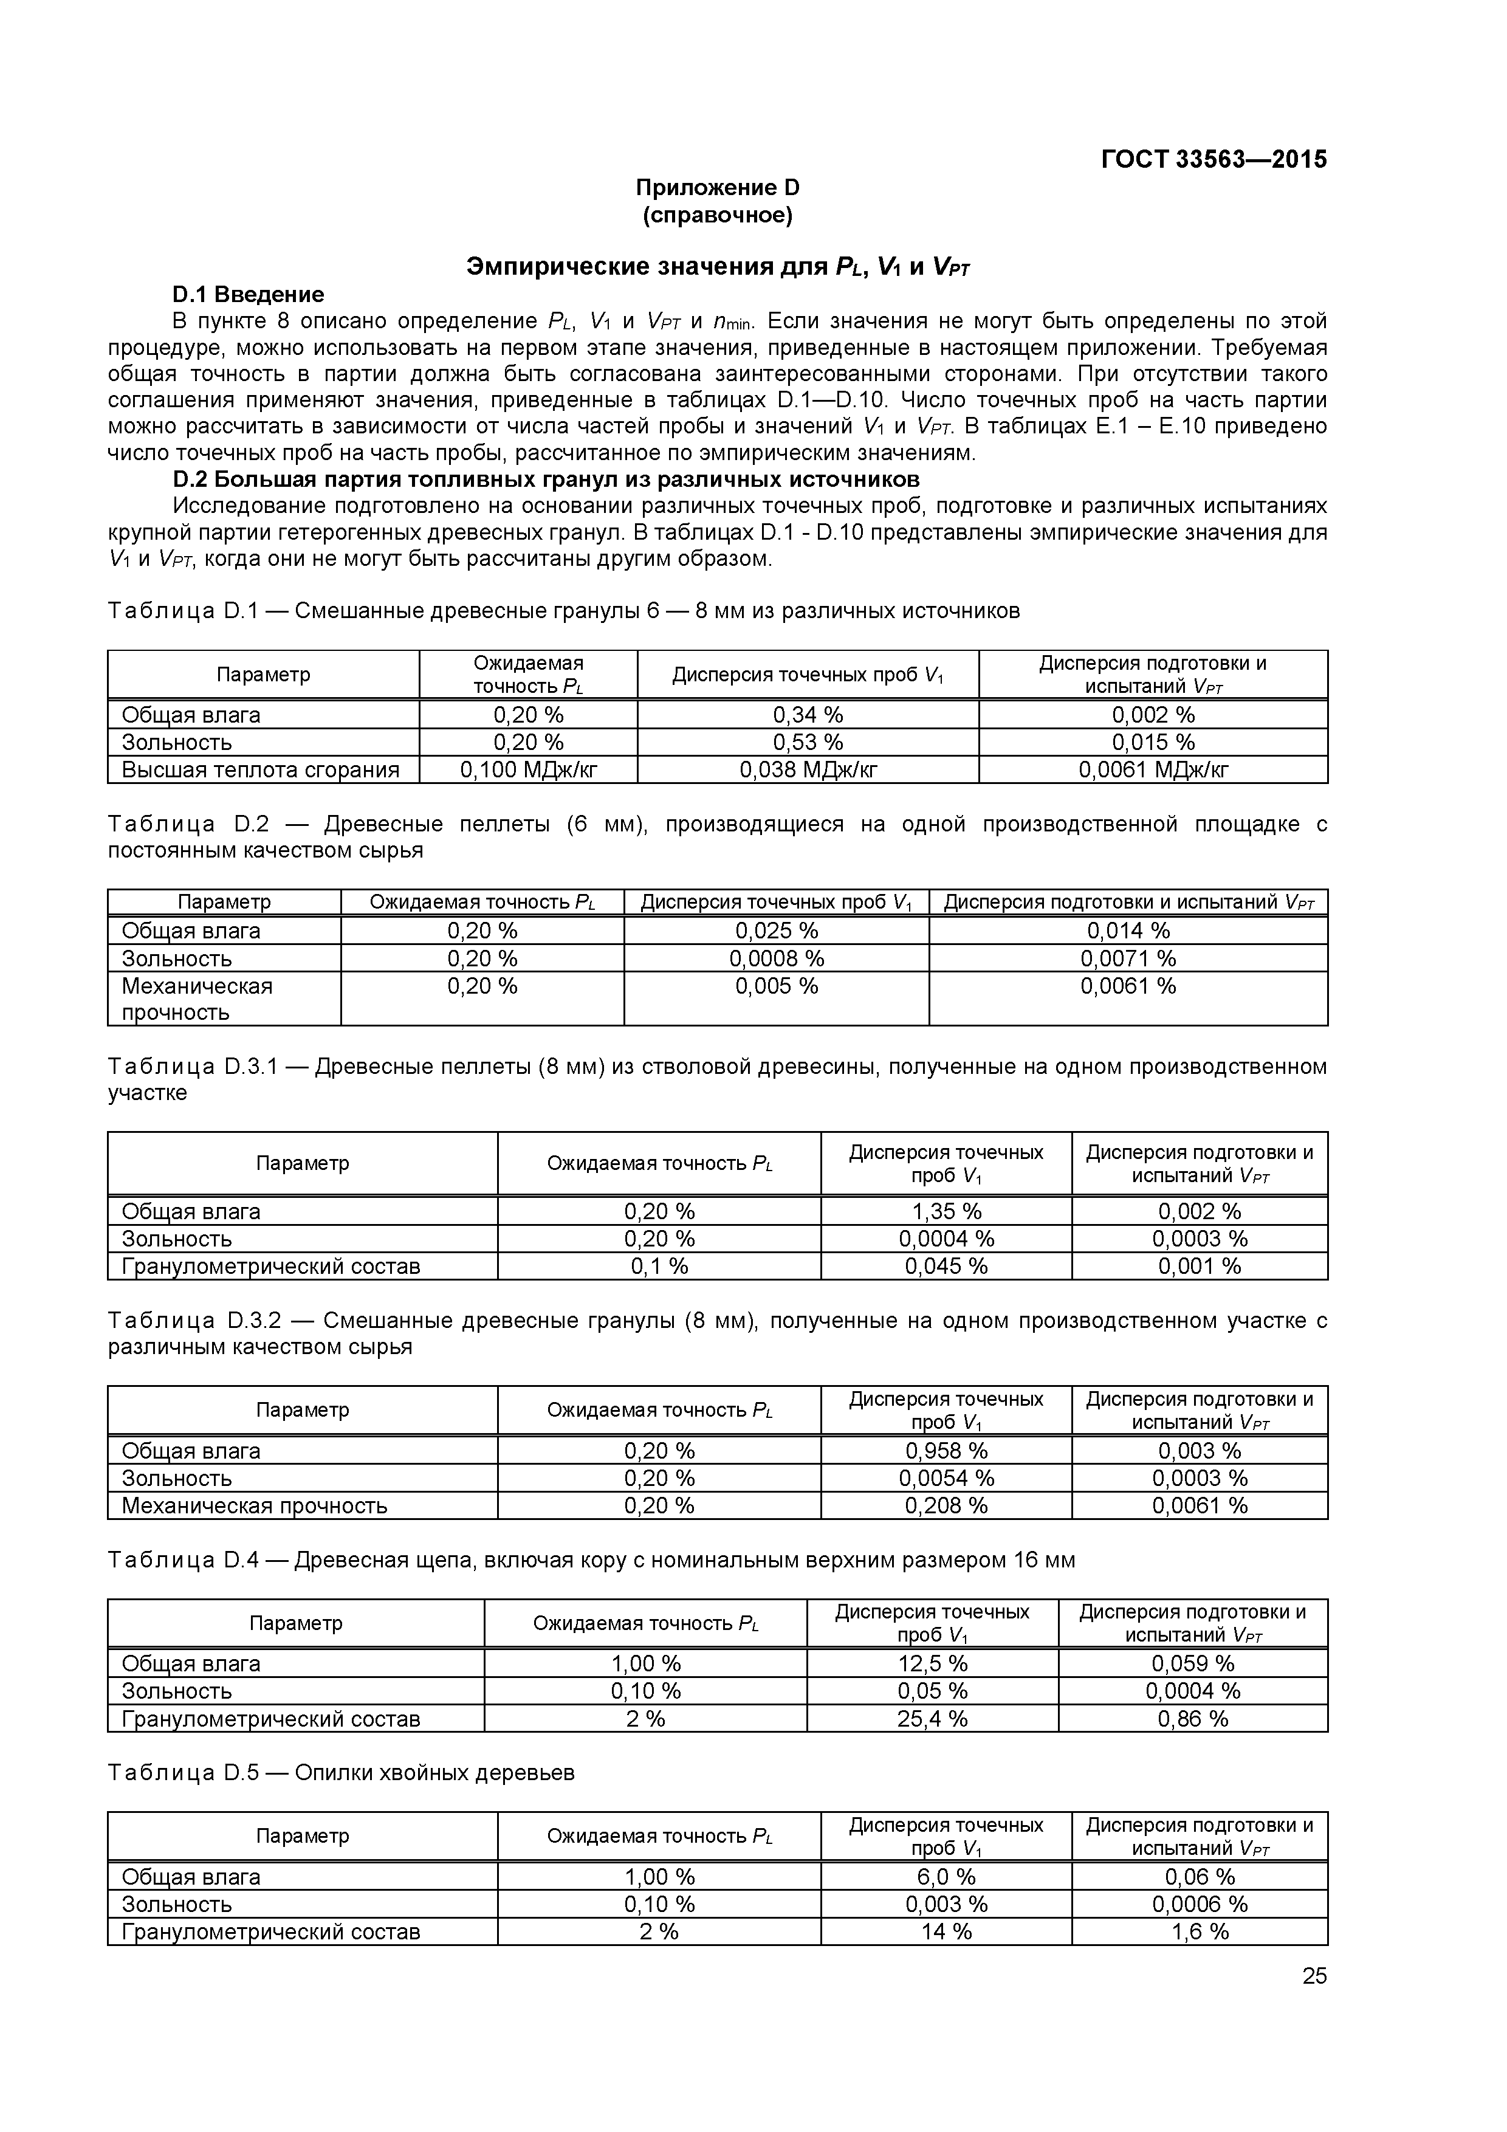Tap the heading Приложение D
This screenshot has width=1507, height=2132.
[717, 188]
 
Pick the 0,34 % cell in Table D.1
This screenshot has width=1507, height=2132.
[807, 714]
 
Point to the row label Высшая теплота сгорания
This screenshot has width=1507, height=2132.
[261, 769]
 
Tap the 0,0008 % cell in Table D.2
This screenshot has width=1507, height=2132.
[775, 957]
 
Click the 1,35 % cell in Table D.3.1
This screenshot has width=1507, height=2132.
[946, 1211]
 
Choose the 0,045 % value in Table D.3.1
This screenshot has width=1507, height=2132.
[946, 1265]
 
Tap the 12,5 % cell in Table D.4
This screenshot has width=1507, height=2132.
[932, 1663]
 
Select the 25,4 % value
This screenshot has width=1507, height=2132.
[932, 1718]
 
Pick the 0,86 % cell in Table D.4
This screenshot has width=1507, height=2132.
[1192, 1718]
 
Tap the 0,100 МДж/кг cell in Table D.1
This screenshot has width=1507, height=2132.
[527, 769]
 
